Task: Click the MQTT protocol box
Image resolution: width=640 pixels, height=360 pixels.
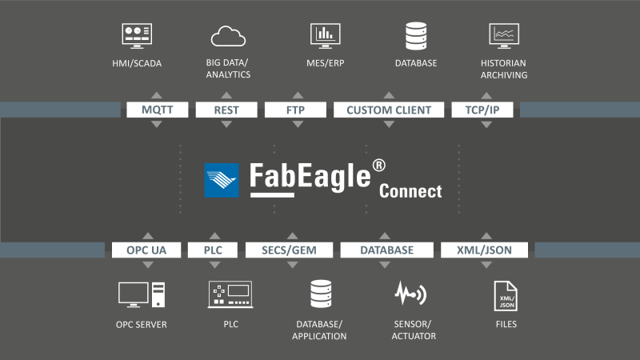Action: [157, 110]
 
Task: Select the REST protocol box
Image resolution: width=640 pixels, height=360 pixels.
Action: [226, 110]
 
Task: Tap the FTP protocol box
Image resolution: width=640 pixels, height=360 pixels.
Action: [295, 110]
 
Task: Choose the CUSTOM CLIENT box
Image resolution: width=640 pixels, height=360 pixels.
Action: [388, 110]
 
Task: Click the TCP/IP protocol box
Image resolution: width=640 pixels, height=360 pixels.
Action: [482, 110]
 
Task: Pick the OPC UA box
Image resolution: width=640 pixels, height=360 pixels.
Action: [146, 250]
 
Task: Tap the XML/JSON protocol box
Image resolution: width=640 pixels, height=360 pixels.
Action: [486, 250]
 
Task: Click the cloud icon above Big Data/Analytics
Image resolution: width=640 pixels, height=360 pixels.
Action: [228, 36]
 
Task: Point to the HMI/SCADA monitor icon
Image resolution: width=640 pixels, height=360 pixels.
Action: [137, 34]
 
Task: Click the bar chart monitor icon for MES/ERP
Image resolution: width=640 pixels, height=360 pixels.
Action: [326, 34]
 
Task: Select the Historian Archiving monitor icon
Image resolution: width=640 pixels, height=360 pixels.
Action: [504, 34]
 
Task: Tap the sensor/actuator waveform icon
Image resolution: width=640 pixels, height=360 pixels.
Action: [410, 294]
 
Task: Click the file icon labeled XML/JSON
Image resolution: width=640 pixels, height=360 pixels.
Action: [506, 295]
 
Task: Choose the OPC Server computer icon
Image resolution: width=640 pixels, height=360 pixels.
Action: [142, 294]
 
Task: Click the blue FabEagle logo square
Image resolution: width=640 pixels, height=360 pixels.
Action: [222, 180]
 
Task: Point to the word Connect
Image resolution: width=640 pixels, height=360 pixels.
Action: [410, 191]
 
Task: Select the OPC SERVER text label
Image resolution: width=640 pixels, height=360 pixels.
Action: [142, 325]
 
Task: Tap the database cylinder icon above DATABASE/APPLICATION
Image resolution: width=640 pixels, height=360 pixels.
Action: [320, 294]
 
